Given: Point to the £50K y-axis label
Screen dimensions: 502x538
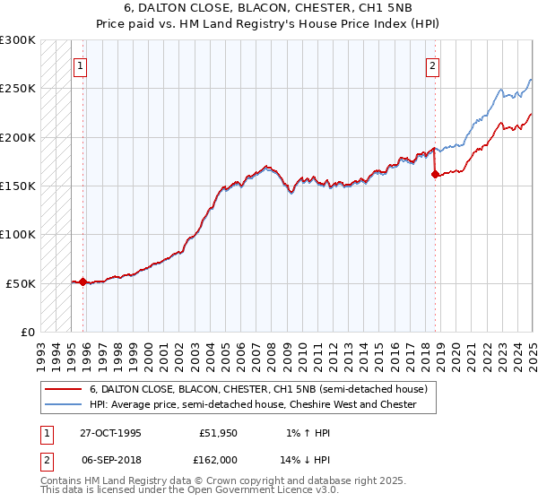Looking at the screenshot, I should point(21,283).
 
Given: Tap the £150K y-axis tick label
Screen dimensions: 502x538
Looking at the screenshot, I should point(17,186).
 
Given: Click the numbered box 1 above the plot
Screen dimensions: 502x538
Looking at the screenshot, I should point(81,65).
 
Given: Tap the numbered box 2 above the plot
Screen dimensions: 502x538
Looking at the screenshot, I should point(432,65).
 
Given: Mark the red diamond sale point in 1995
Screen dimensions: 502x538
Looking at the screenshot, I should point(83,281).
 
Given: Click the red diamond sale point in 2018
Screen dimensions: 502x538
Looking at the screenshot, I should point(435,175).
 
